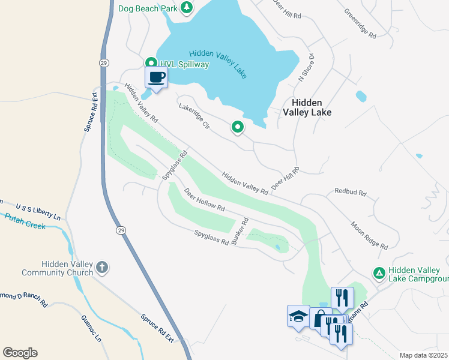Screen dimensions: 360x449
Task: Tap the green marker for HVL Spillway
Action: [x=151, y=63]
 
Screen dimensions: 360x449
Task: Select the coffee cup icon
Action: [x=156, y=77]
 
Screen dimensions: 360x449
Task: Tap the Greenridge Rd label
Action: [x=360, y=23]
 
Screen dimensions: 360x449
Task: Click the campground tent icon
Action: [x=379, y=274]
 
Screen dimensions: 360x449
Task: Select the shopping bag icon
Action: [x=319, y=319]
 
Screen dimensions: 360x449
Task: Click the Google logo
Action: [x=20, y=353]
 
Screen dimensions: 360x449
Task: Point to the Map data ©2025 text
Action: [x=423, y=355]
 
